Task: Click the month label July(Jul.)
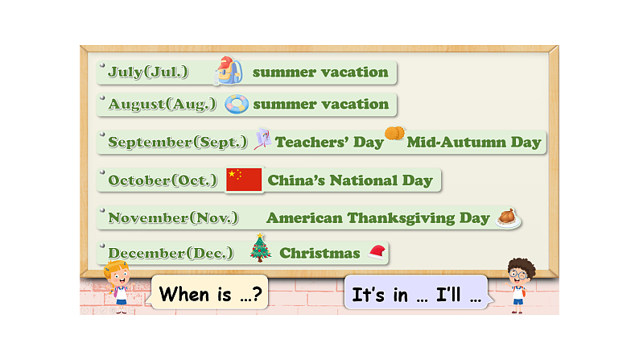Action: (148, 72)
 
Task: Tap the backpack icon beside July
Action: (229, 71)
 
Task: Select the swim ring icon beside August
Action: (237, 104)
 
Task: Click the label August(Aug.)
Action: (162, 104)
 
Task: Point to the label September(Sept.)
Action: (178, 143)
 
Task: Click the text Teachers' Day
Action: (329, 143)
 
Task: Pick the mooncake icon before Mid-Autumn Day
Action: (394, 134)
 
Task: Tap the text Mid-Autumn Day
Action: (474, 143)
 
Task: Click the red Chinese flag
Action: (244, 180)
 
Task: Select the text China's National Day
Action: (350, 180)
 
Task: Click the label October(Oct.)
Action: (162, 180)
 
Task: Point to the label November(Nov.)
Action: (173, 217)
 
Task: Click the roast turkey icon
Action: (507, 217)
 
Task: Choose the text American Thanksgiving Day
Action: (377, 217)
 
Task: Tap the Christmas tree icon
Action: (260, 248)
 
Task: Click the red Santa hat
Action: (376, 252)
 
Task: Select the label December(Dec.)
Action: (171, 253)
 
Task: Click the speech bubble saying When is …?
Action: (210, 293)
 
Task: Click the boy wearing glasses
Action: (519, 283)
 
